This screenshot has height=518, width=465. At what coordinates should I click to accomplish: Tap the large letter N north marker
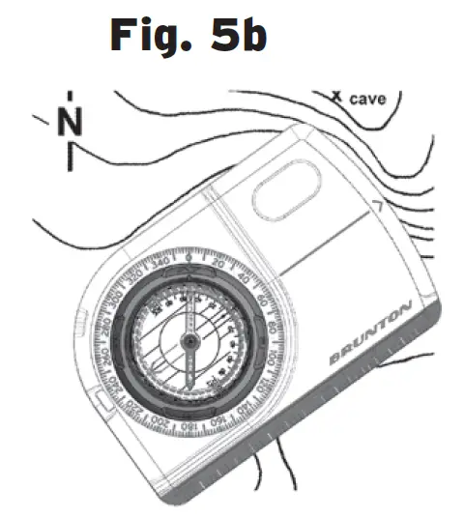click(70, 124)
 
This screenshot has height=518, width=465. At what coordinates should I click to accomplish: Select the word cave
click(368, 99)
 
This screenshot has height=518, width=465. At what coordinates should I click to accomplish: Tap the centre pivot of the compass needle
click(189, 339)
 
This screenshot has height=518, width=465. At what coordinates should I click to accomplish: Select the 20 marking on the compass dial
click(218, 264)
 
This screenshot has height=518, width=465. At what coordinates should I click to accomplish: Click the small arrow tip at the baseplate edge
click(375, 209)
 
